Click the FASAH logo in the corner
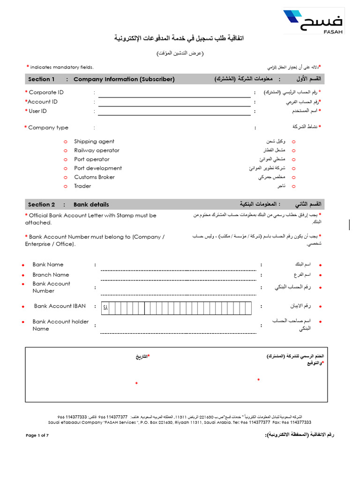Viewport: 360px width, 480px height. tap(314, 22)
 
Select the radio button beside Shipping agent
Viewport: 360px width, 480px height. tap(65, 142)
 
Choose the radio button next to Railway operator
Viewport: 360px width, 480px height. tap(65, 150)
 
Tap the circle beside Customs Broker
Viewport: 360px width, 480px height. tap(65, 177)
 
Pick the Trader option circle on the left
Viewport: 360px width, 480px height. tap(65, 186)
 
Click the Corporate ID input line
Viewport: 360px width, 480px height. tap(174, 94)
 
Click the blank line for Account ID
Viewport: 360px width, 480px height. tap(174, 104)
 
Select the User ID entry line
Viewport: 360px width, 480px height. tap(174, 113)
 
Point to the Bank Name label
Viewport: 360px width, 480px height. tap(48, 264)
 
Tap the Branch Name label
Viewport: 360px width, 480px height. tap(51, 275)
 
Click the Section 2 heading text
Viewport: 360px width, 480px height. tap(41, 204)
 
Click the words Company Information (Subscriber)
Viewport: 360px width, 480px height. tap(124, 79)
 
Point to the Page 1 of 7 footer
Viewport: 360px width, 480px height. tap(37, 435)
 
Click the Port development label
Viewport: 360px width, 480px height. tap(98, 168)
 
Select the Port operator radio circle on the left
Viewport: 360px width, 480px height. tap(65, 159)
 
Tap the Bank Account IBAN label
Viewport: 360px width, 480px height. tap(60, 306)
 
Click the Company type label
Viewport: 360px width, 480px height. tap(48, 127)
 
